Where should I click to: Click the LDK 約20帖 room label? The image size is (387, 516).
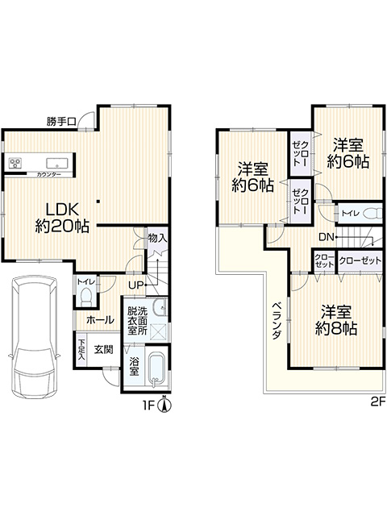pyautogui.click(x=62, y=218)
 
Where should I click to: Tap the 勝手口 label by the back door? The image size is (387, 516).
pyautogui.click(x=61, y=122)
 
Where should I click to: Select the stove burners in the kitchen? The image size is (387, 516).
pyautogui.click(x=15, y=163)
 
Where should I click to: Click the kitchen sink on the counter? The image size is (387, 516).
pyautogui.click(x=57, y=163)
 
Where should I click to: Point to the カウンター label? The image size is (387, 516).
pyautogui.click(x=48, y=174)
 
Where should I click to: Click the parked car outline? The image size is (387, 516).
pyautogui.click(x=34, y=337)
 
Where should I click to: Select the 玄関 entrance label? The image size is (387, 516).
pyautogui.click(x=104, y=349)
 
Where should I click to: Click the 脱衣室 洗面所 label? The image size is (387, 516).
pyautogui.click(x=137, y=321)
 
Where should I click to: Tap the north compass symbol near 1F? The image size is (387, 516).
pyautogui.click(x=164, y=404)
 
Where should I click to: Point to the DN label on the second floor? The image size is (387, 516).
pyautogui.click(x=326, y=236)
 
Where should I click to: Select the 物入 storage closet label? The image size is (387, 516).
pyautogui.click(x=157, y=238)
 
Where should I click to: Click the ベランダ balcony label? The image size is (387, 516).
pyautogui.click(x=277, y=321)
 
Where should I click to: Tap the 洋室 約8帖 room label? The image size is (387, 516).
pyautogui.click(x=336, y=320)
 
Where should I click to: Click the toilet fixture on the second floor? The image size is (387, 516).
pyautogui.click(x=373, y=214)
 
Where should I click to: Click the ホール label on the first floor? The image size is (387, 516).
pyautogui.click(x=100, y=320)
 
